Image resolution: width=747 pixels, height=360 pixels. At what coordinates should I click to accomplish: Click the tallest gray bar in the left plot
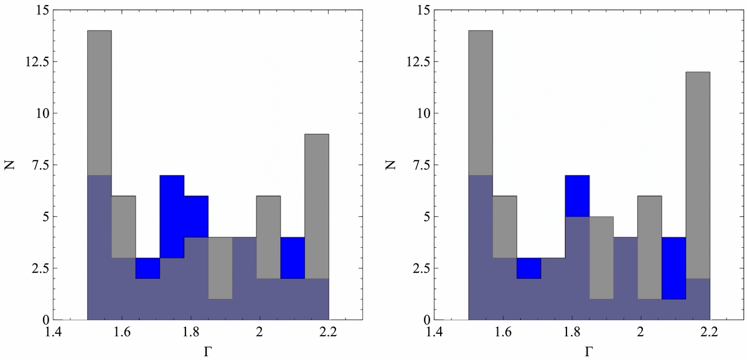100,103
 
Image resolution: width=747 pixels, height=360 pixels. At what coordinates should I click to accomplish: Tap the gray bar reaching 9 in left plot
317,206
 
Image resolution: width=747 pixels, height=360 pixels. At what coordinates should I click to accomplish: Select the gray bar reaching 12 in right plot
698,175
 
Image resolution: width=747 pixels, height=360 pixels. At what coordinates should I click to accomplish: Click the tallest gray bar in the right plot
481,103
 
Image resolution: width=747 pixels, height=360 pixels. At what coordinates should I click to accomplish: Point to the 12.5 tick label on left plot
37,62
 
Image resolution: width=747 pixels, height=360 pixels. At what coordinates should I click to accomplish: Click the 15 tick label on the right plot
423,10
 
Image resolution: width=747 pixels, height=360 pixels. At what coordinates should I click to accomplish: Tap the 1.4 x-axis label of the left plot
54,333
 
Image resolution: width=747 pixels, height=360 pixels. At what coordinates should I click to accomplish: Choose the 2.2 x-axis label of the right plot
709,333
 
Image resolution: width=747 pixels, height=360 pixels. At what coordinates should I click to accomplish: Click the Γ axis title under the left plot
208,352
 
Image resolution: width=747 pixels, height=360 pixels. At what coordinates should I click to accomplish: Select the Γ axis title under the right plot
589,352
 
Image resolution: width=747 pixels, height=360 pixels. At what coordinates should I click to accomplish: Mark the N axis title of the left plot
10,165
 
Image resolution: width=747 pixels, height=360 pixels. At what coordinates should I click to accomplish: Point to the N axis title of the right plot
390,165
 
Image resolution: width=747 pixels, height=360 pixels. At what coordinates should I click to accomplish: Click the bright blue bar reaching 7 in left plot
172,216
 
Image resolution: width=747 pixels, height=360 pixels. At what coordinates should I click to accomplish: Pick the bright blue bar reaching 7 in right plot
577,196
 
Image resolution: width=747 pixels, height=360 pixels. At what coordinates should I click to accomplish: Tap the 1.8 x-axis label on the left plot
190,333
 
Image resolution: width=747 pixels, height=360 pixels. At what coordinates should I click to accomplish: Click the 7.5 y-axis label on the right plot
421,165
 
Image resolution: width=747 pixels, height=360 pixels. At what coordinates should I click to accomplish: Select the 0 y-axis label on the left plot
45,320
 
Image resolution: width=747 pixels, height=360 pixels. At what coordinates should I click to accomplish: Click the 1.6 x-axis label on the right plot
503,333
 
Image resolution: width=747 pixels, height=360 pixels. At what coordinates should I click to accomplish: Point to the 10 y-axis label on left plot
42,113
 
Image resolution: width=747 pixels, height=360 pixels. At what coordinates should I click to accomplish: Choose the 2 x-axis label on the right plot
641,333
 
